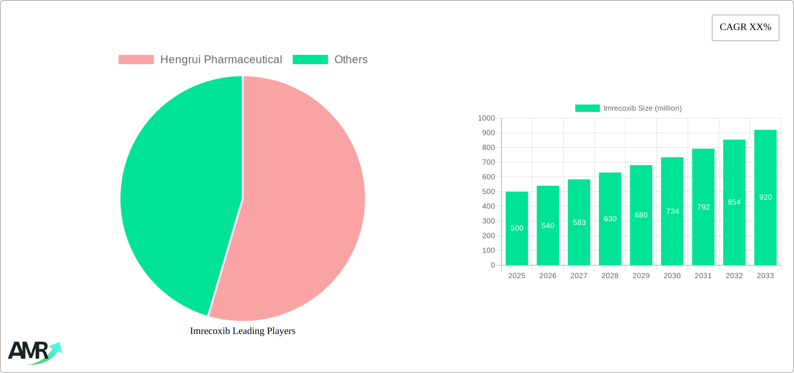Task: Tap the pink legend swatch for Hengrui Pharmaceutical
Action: (136, 60)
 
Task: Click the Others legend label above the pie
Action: (351, 60)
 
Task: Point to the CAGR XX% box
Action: (745, 28)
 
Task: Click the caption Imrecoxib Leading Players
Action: (242, 331)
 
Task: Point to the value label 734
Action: (672, 212)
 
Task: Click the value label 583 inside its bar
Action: (579, 222)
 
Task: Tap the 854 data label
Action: (734, 202)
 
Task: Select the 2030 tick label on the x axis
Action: (672, 276)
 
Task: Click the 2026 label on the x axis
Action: (547, 276)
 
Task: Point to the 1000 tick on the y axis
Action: (486, 118)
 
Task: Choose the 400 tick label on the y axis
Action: (488, 206)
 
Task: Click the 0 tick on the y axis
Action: (492, 265)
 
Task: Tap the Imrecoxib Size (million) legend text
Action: (643, 108)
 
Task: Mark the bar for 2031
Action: (703, 237)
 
